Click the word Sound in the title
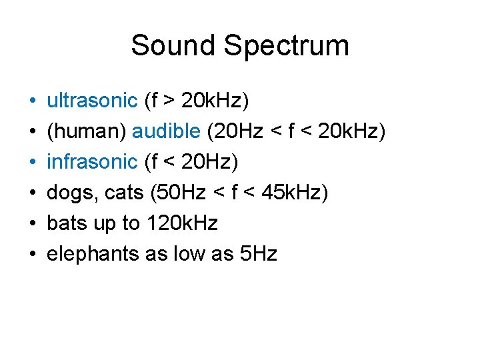click(x=173, y=45)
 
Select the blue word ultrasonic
click(x=91, y=101)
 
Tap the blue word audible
click(x=166, y=132)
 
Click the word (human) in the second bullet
click(x=86, y=132)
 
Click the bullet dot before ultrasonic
click(x=32, y=103)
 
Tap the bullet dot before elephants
click(x=32, y=255)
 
